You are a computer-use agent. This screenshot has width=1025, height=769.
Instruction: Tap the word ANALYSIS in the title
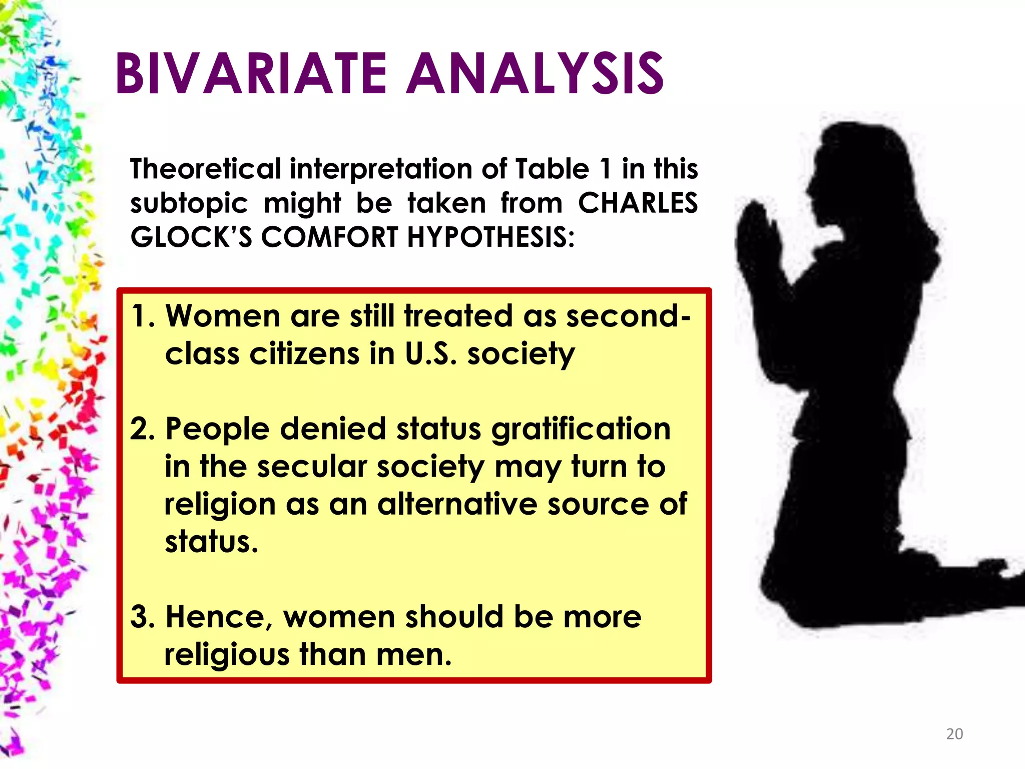tap(535, 74)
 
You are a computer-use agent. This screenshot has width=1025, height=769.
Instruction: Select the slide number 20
tap(954, 734)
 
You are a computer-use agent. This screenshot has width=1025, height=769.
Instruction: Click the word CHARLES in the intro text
tap(638, 203)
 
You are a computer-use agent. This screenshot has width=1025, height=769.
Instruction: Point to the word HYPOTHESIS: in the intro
tap(490, 237)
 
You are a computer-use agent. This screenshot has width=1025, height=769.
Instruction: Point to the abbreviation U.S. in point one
tap(430, 354)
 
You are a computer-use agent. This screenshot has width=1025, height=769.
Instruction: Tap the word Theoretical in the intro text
tap(206, 169)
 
